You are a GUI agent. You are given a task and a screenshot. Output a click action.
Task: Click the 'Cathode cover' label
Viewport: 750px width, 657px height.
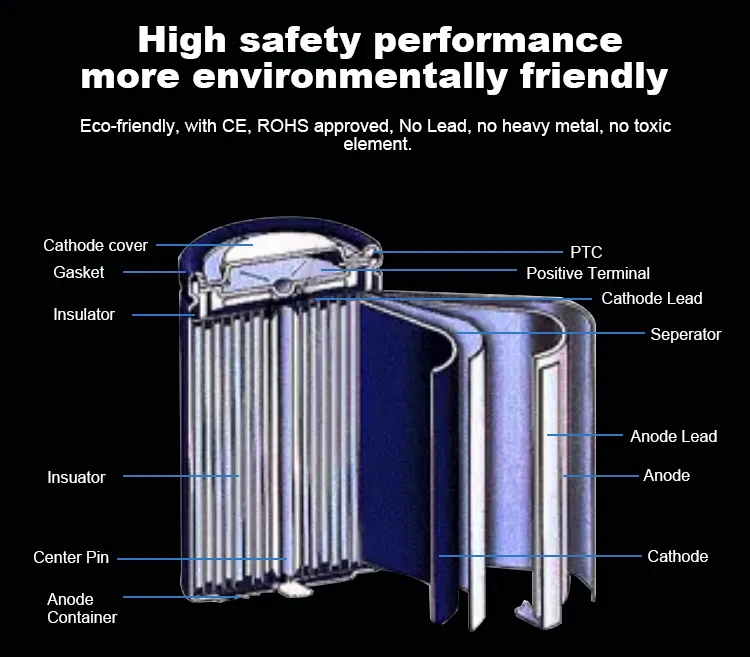click(x=95, y=245)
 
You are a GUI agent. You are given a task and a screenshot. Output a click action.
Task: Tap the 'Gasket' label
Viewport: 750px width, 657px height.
click(x=79, y=273)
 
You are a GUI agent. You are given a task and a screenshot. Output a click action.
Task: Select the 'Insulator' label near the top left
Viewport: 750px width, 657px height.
click(x=84, y=314)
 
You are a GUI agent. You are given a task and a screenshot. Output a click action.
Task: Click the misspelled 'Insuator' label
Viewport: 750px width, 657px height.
click(x=76, y=477)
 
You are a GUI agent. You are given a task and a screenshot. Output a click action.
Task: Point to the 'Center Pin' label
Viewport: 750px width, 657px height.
click(x=71, y=557)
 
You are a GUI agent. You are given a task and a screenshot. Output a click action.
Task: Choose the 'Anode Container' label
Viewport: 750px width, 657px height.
click(x=82, y=608)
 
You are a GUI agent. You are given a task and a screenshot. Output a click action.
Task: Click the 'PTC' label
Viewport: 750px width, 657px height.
click(x=586, y=252)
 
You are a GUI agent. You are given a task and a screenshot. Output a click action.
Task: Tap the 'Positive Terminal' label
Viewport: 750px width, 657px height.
click(x=588, y=273)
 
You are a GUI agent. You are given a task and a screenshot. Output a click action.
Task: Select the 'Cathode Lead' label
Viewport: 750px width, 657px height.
click(x=652, y=298)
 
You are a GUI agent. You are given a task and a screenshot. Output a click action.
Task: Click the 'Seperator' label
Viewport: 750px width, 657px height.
click(x=686, y=334)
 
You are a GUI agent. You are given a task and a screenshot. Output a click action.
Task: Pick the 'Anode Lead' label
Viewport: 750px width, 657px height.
click(x=674, y=436)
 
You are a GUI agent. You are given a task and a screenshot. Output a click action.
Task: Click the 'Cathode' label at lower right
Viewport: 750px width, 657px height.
click(x=678, y=556)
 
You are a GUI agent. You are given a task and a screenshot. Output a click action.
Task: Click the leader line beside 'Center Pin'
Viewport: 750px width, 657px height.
click(x=200, y=557)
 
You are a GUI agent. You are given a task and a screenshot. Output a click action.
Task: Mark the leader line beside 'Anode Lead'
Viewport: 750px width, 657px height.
click(x=585, y=436)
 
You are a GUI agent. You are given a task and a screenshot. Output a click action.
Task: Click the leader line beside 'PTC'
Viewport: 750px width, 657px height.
click(x=470, y=252)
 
